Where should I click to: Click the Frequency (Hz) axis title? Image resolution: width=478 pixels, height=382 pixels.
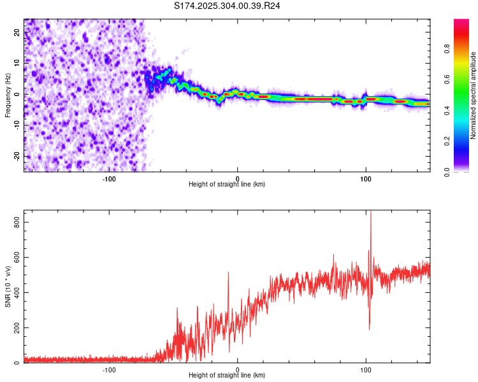[8, 95]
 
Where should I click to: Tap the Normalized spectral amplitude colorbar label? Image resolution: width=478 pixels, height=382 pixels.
[474, 95]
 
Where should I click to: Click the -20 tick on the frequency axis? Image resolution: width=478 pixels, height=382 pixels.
[16, 156]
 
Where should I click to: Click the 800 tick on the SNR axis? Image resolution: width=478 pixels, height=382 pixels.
[14, 222]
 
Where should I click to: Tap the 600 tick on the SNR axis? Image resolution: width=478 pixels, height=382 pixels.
[14, 257]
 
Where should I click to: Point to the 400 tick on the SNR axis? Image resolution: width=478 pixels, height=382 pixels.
[14, 293]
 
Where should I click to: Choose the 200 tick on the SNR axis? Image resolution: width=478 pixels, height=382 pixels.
[14, 328]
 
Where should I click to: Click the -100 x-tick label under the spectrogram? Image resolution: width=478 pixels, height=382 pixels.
[109, 178]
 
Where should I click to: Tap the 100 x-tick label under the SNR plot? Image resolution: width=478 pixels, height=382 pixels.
[366, 369]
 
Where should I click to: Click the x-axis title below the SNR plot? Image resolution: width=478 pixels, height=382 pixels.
[227, 376]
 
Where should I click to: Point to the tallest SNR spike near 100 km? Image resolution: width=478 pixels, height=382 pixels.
[370, 214]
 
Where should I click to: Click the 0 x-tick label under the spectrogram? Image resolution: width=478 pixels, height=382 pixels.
[238, 178]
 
